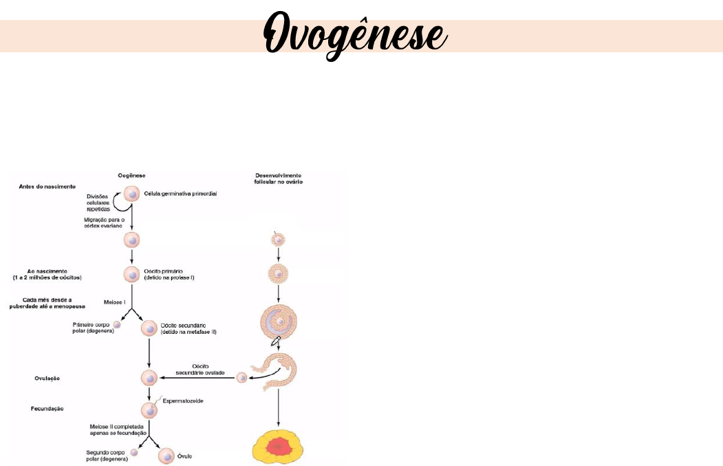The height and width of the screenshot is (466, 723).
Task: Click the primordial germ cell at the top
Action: pos(132,194)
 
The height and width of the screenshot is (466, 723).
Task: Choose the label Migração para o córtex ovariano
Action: pos(103,223)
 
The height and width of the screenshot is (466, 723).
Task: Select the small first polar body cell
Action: pos(117,324)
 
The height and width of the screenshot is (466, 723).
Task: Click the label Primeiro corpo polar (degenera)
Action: pos(92,327)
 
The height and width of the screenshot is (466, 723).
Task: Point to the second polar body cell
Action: pos(135,452)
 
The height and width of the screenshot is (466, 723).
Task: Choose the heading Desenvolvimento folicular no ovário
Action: pos(278,178)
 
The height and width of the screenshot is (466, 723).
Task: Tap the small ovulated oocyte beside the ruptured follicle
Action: pos(241,377)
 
